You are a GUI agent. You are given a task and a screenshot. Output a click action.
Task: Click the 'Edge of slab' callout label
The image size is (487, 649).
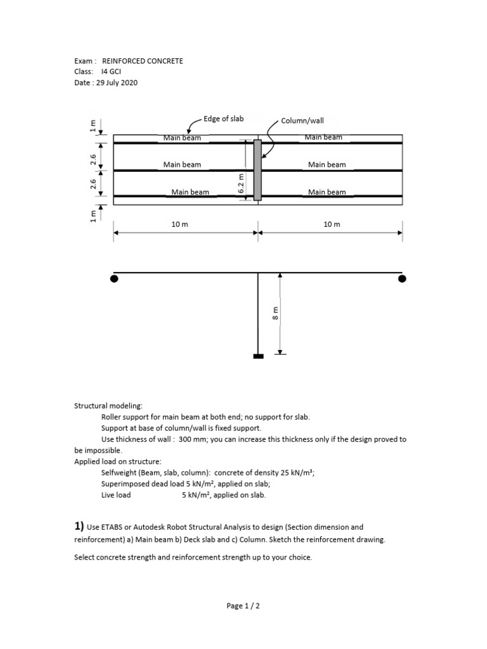coord(223,119)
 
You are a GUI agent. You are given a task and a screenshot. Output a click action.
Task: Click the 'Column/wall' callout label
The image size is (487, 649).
coord(306,120)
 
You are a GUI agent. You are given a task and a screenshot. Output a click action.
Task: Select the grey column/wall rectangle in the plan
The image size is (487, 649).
coord(257,170)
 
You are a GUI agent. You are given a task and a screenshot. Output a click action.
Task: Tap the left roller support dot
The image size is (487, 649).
coord(114,278)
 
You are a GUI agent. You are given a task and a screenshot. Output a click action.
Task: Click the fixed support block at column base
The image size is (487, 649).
coord(258,356)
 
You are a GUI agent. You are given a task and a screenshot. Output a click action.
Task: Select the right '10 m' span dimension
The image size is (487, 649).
coord(332,224)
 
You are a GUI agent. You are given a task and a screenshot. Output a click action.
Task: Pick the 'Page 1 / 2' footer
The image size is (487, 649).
coord(243,606)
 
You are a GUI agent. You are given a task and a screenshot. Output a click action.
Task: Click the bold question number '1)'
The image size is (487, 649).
coord(79,526)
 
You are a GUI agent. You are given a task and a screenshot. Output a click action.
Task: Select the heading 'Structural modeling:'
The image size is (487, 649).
coord(108,406)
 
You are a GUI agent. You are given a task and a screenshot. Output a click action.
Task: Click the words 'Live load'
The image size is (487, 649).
coord(116,495)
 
